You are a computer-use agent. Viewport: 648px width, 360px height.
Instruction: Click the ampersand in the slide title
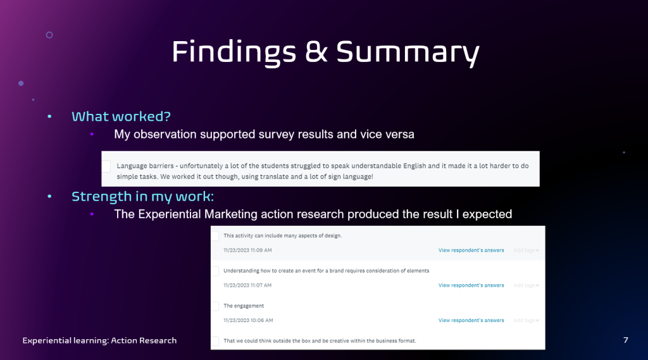pos(316,51)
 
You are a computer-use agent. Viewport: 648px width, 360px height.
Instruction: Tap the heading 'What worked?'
pos(121,116)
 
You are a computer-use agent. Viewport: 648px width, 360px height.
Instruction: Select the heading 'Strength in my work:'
pos(142,196)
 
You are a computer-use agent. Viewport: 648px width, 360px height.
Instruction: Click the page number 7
pos(626,340)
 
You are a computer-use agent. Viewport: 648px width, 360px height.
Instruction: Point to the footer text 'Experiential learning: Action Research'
pos(99,340)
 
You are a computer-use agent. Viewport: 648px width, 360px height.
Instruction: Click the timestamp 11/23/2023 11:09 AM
pos(247,250)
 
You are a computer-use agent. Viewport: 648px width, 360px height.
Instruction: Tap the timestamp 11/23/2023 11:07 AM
pos(247,285)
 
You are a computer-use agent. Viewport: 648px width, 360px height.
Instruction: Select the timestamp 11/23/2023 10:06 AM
pos(248,320)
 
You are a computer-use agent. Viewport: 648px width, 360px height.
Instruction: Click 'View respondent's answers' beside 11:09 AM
pos(471,250)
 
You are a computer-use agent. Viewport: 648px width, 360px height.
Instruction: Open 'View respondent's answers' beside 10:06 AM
pos(471,320)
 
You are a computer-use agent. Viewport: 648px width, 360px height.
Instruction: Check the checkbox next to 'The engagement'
pos(215,306)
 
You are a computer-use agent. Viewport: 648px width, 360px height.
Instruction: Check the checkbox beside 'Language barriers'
pos(106,166)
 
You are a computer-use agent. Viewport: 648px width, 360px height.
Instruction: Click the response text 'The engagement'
pos(244,306)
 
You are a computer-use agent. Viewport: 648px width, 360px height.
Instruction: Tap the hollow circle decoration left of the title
pos(49,35)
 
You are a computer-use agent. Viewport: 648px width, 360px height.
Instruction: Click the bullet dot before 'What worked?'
pos(49,116)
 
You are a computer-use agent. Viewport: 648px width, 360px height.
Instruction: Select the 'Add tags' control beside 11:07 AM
pos(526,285)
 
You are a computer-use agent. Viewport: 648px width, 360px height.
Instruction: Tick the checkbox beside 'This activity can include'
pos(215,235)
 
